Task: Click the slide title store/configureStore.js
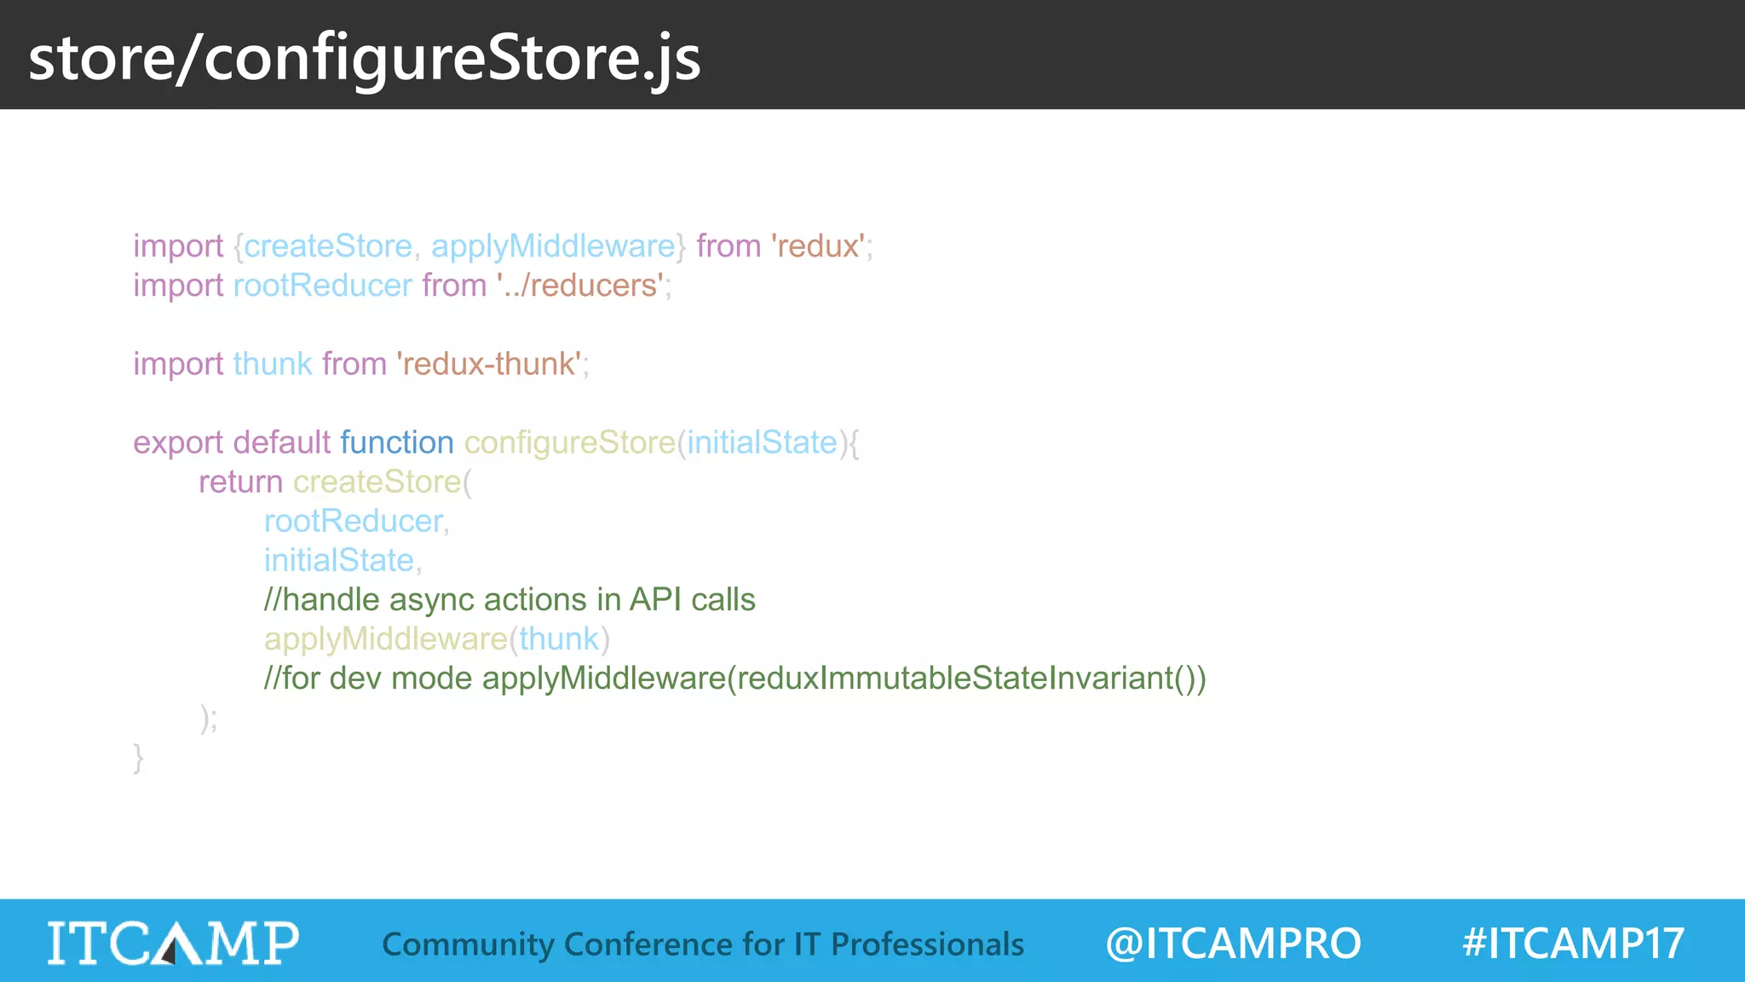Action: pos(364,58)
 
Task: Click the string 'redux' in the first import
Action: pos(818,246)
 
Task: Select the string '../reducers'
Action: pos(580,286)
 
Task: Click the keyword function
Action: pos(396,442)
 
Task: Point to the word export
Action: pos(177,442)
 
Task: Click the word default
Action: pos(281,442)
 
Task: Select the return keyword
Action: pos(240,482)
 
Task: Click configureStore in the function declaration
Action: pos(569,442)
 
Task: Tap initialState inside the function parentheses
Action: pos(762,442)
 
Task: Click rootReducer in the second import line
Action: pos(322,286)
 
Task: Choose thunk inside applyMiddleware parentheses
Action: pos(559,638)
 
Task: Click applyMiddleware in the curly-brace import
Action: pos(553,246)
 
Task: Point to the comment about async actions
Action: pos(510,599)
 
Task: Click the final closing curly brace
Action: pos(138,757)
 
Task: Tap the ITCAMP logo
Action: pos(173,943)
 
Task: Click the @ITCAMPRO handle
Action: pos(1232,943)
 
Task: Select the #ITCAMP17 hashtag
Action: pos(1573,943)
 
